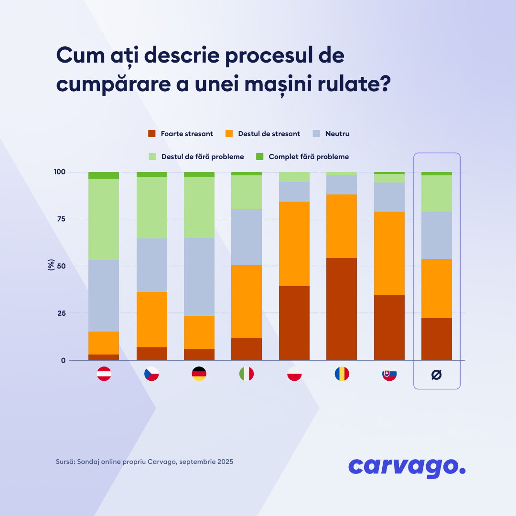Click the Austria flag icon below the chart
104,374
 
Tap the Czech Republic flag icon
151,374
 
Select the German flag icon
199,374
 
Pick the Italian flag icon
247,374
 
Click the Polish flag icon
294,374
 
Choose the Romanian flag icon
342,374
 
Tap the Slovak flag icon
389,374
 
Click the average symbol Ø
436,375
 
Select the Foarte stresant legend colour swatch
152,134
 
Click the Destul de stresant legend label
269,134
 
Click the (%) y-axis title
51,266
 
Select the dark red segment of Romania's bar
342,309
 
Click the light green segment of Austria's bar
104,219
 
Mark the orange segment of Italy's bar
247,301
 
